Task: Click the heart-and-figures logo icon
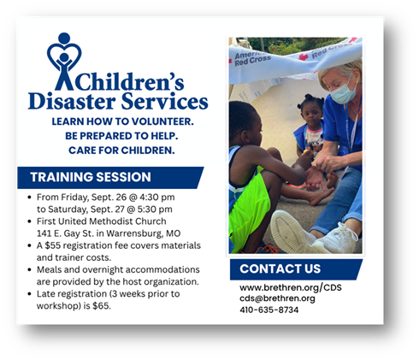[x=64, y=62]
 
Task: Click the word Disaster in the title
[x=72, y=101]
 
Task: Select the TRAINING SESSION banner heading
[x=91, y=177]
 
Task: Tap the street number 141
[x=44, y=233]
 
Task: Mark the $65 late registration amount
[x=101, y=306]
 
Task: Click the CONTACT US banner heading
[x=280, y=269]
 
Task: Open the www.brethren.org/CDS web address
[x=291, y=287]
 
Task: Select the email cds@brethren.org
[x=277, y=298]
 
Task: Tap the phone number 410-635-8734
[x=269, y=310]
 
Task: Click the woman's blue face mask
[x=343, y=92]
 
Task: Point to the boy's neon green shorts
[x=249, y=207]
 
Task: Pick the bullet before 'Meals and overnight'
[x=29, y=269]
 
